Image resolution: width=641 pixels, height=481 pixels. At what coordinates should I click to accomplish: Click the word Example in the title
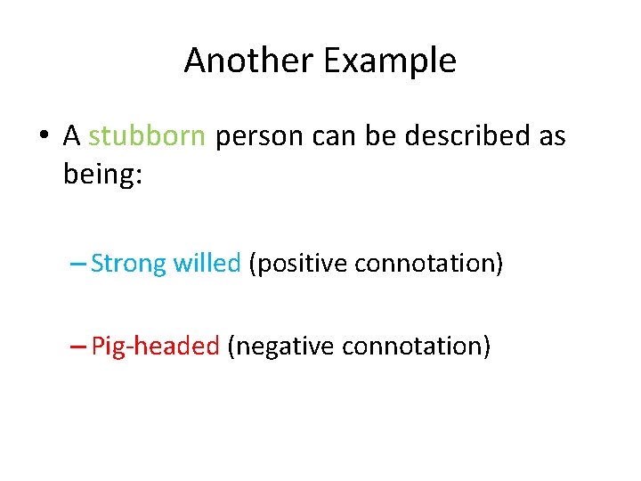390,61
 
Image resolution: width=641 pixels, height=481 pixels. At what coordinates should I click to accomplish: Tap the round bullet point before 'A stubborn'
43,137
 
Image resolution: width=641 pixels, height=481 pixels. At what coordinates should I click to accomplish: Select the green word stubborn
148,136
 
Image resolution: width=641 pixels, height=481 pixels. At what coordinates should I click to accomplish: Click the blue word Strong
129,264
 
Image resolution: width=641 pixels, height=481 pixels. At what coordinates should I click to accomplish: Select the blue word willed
207,264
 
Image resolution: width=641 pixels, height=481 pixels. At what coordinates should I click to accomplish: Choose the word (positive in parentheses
298,265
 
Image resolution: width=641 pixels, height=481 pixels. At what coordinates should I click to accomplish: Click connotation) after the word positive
429,264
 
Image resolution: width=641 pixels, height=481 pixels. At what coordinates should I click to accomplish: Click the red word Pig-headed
156,346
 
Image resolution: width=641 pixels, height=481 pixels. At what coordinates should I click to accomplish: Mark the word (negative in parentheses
281,346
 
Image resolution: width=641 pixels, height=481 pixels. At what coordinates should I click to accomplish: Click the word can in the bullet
331,137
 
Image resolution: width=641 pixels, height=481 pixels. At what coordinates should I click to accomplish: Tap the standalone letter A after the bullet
72,136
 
